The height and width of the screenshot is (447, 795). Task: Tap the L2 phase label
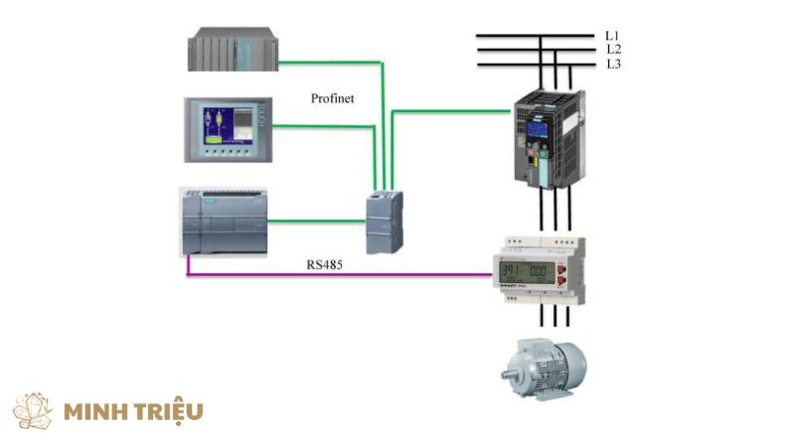[x=612, y=49]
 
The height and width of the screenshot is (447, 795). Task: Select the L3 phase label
[x=612, y=64]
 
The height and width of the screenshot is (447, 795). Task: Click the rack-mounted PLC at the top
[x=231, y=50]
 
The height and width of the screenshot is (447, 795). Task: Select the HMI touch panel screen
[x=228, y=128]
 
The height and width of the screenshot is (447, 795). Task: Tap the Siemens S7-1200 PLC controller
[x=223, y=221]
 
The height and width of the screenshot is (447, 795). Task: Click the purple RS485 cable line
[x=338, y=274]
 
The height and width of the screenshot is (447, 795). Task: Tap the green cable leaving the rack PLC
[x=328, y=63]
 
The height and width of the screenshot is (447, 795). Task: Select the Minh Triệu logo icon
[x=33, y=410]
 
